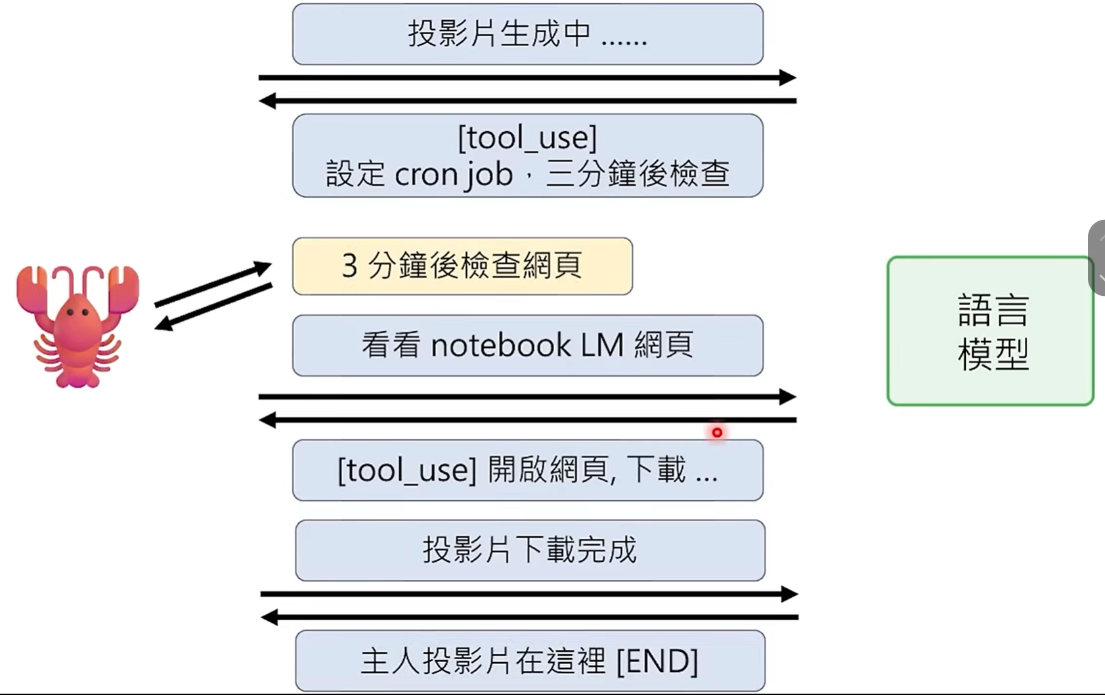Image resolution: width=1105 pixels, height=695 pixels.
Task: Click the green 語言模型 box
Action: pos(990,331)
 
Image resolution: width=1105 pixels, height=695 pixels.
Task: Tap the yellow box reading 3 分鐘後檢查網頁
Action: pos(462,266)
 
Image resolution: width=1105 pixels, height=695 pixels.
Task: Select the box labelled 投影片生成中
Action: pos(527,34)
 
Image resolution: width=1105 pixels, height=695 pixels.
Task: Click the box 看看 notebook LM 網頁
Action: pos(527,345)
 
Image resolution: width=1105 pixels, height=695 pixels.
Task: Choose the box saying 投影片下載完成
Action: pos(530,550)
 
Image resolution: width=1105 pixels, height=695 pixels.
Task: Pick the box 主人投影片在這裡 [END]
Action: pos(530,660)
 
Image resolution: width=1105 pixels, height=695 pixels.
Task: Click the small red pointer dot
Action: pos(717,432)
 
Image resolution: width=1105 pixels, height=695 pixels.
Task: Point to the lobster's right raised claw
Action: pos(123,285)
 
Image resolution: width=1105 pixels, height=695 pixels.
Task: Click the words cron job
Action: pos(453,175)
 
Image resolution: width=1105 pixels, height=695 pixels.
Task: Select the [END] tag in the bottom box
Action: pos(657,661)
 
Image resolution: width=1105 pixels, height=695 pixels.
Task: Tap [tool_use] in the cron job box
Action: pos(527,138)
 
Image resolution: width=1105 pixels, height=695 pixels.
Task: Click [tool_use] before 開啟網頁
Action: pos(406,471)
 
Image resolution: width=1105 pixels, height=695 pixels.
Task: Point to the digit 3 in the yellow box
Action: pos(350,266)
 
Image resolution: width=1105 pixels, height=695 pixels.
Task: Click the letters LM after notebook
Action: pos(601,346)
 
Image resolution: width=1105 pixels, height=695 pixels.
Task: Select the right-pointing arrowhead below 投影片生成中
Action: pos(787,77)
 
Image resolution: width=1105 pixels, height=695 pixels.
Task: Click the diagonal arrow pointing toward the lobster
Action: pos(213,307)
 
